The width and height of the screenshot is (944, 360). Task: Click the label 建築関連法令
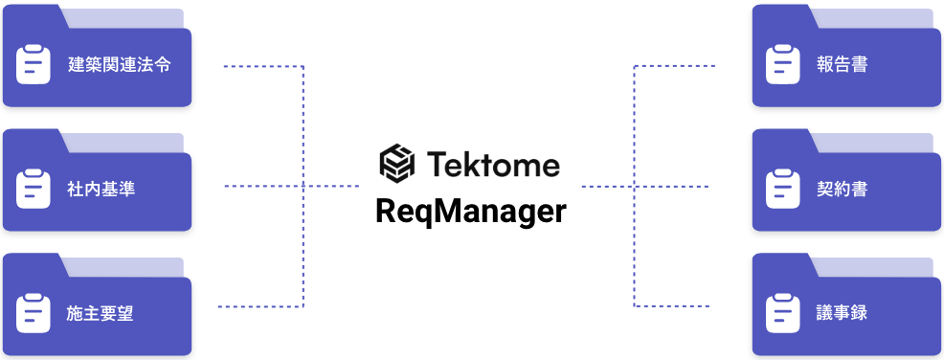click(121, 66)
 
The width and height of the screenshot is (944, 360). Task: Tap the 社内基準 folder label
click(101, 189)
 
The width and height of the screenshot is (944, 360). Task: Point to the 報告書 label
click(843, 65)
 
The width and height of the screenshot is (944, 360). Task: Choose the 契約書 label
click(843, 189)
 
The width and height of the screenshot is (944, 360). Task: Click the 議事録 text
click(843, 312)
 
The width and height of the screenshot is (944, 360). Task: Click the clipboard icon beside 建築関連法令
click(34, 65)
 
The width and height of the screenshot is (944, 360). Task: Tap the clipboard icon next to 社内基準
click(34, 188)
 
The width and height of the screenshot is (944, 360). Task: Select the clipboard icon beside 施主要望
click(34, 311)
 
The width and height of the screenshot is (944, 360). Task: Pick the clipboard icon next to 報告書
click(783, 65)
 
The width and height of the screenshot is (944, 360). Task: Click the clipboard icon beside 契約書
click(783, 188)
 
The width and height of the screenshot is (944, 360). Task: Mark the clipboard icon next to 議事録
click(783, 311)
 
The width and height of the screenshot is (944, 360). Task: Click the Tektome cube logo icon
click(396, 164)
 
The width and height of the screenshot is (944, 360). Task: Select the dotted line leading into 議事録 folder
click(675, 306)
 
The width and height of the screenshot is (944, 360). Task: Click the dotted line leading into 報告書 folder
click(675, 66)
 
